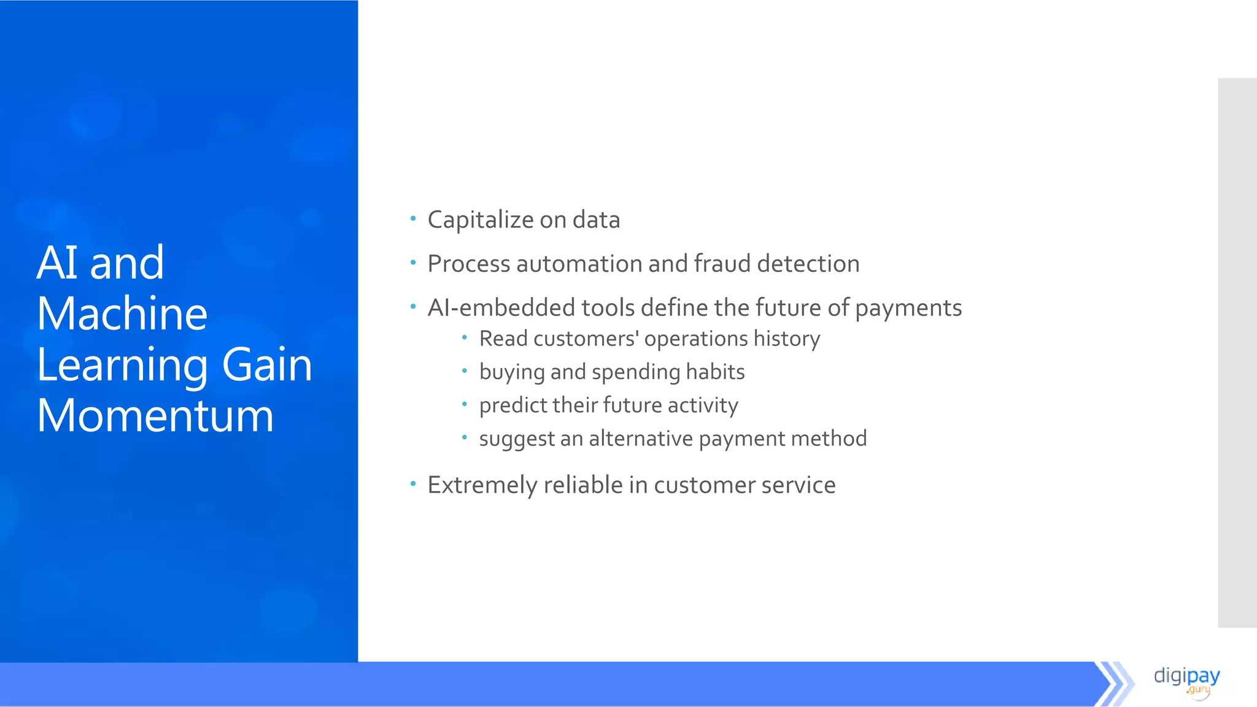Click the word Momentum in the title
click(x=155, y=416)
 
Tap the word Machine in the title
click(x=122, y=314)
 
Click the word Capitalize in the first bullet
click(x=481, y=220)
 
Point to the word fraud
click(x=722, y=264)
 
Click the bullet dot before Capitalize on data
click(x=413, y=218)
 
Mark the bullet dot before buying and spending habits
click(x=465, y=371)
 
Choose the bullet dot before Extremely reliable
click(x=413, y=484)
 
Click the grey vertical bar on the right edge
click(x=1237, y=353)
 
